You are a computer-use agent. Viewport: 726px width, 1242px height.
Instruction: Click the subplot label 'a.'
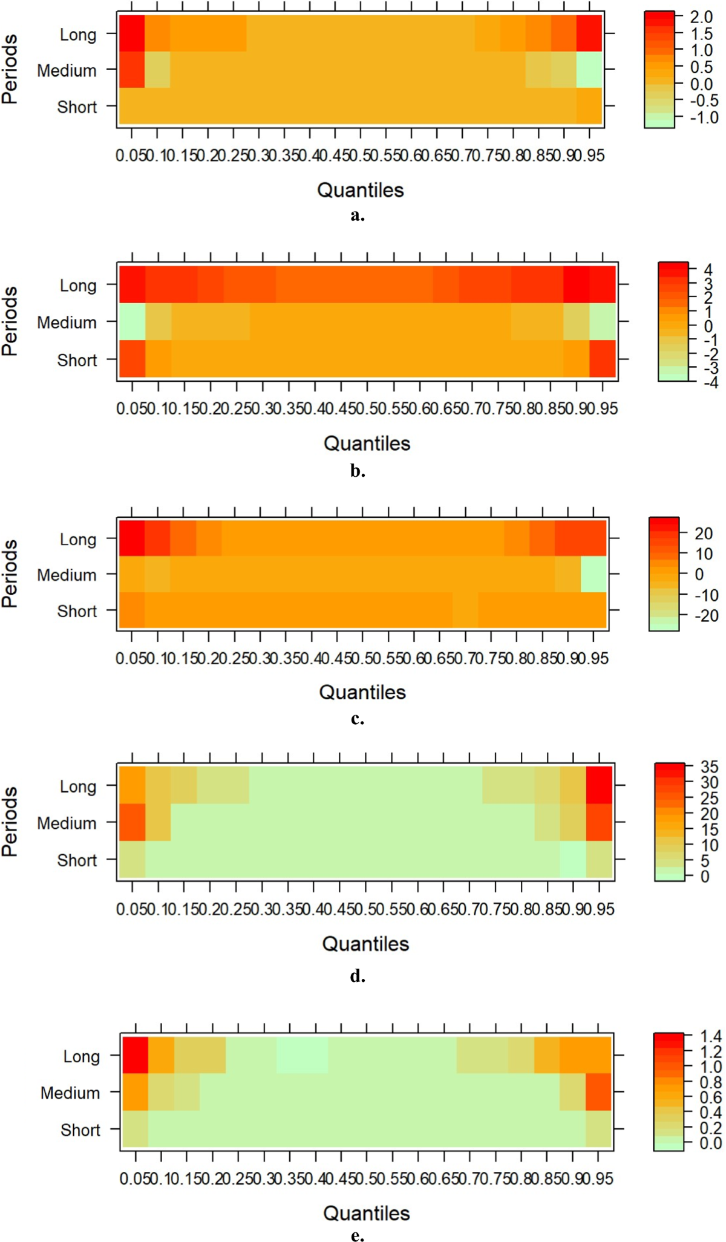(x=357, y=215)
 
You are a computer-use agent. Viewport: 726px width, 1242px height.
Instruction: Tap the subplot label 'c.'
(x=357, y=719)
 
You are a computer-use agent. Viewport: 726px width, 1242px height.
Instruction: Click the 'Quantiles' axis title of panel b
(x=367, y=443)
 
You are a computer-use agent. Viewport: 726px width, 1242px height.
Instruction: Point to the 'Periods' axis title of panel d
(x=10, y=821)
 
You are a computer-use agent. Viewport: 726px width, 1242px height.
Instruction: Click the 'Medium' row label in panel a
(x=67, y=71)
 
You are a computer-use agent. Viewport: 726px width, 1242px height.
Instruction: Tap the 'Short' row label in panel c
(x=77, y=611)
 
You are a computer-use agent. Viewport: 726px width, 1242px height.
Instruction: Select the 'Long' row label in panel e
(x=81, y=1056)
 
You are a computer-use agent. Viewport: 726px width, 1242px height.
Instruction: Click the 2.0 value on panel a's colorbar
(x=701, y=18)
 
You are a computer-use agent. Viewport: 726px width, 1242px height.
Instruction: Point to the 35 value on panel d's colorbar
(x=709, y=767)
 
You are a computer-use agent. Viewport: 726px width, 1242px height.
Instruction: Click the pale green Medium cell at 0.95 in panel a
(x=589, y=70)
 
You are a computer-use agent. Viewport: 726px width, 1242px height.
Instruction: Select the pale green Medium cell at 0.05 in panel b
(x=132, y=321)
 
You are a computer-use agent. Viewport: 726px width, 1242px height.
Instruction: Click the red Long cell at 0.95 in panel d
(x=599, y=785)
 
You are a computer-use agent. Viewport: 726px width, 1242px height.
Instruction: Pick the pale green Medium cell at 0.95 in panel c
(x=594, y=574)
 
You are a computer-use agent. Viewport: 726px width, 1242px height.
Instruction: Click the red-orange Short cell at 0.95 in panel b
(x=603, y=359)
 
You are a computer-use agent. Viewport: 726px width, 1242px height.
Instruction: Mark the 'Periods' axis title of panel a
(x=10, y=69)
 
